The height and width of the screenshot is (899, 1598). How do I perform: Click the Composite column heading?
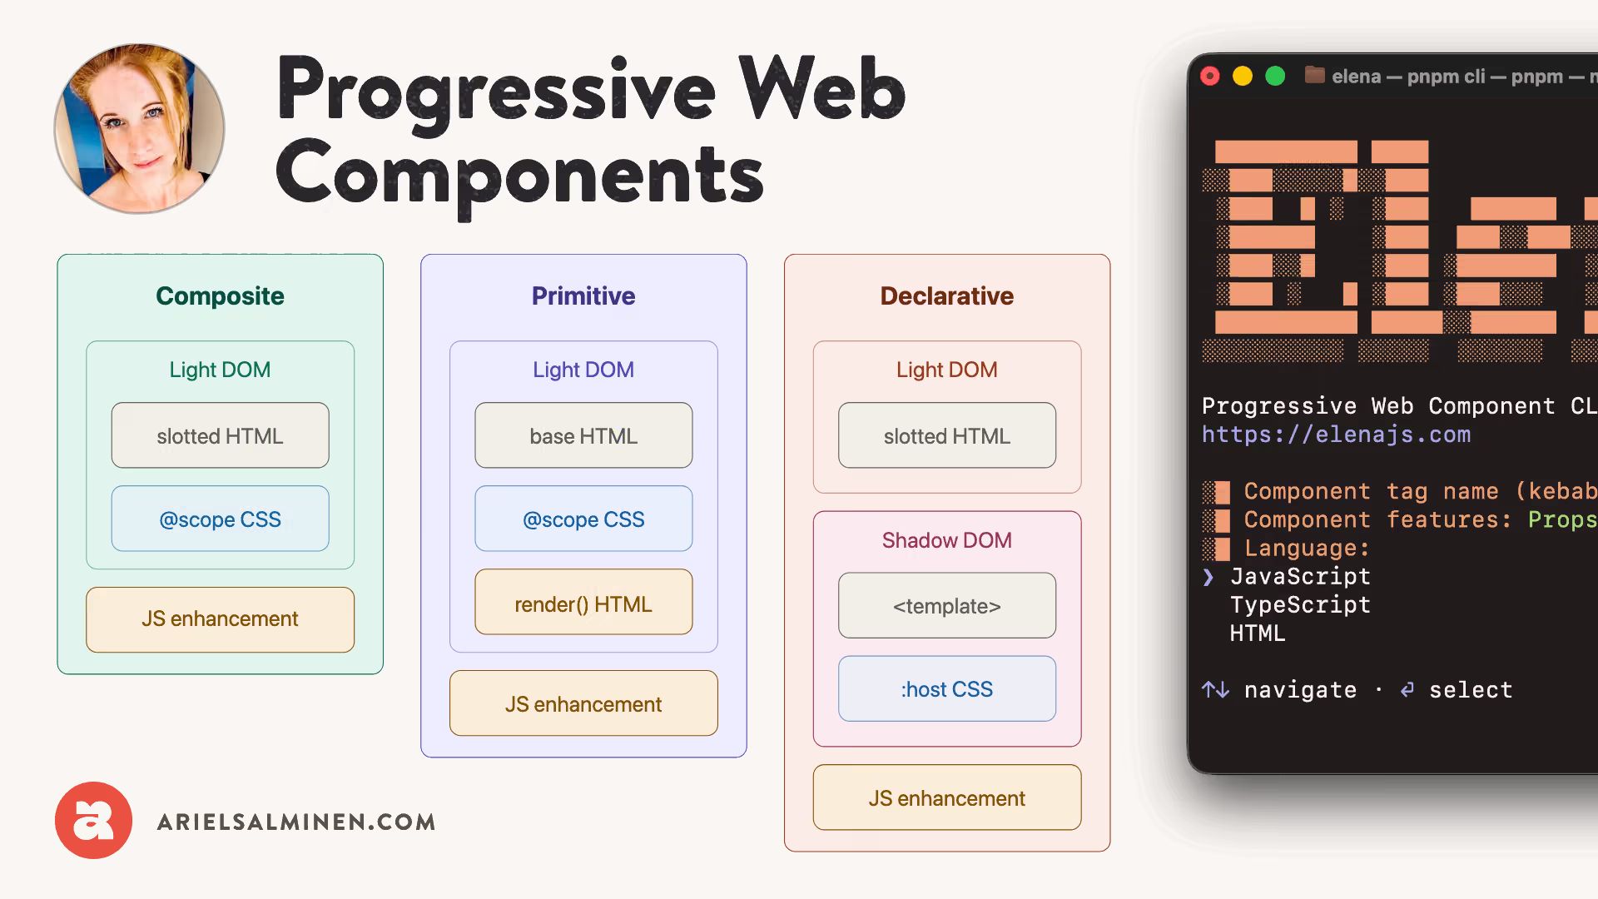220,296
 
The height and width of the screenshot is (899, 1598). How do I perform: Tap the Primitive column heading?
583,296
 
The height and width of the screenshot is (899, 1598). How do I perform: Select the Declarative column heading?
946,296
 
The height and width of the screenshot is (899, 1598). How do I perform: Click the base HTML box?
583,436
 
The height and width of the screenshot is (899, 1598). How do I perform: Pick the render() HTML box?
583,603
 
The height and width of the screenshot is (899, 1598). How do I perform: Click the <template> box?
946,606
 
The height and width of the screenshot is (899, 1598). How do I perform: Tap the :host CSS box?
946,689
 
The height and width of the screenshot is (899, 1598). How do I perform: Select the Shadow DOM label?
946,540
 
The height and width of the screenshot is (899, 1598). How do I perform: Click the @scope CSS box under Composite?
220,519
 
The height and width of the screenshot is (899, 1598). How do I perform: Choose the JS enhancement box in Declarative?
946,798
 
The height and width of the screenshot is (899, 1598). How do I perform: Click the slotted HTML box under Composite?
220,436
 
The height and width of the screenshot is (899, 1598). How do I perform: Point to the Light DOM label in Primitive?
583,370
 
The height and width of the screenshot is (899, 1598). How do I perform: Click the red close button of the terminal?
1210,77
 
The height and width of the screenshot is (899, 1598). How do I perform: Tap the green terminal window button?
1275,77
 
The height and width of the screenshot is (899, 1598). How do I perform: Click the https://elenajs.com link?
1336,435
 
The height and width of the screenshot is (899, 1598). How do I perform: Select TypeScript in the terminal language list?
1299,605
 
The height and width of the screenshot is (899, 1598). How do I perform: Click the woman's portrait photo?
140,129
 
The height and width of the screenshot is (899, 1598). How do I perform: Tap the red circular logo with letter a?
93,820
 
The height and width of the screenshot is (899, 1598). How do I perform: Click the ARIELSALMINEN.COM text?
296,822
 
